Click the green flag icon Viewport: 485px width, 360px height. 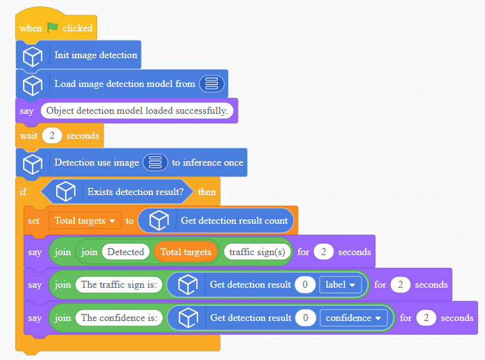click(x=52, y=27)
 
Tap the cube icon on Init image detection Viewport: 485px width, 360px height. click(x=33, y=56)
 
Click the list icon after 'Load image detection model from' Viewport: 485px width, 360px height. click(x=212, y=84)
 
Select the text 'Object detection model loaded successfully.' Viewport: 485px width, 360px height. click(x=137, y=111)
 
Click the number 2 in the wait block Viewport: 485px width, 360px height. click(x=52, y=136)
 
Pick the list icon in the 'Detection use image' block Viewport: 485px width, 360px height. click(x=155, y=162)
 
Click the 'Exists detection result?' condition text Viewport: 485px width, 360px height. click(x=135, y=192)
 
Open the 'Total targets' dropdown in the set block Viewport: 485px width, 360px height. click(x=85, y=221)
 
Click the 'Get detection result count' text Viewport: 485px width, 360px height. click(x=234, y=221)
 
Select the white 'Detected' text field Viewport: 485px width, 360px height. click(x=126, y=252)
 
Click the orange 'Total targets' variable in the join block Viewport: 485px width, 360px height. click(x=185, y=252)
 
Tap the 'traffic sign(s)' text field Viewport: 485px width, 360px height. click(x=257, y=252)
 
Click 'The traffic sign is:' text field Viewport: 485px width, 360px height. click(x=119, y=285)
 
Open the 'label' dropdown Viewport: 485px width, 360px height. click(x=340, y=285)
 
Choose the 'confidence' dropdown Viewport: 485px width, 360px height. click(x=353, y=318)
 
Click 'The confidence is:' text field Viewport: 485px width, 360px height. click(x=119, y=318)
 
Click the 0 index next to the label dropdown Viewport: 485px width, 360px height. click(x=305, y=285)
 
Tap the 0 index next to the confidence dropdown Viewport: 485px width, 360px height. click(x=305, y=318)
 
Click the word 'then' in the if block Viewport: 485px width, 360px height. click(x=206, y=192)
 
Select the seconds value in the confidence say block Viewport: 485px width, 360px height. click(x=426, y=318)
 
